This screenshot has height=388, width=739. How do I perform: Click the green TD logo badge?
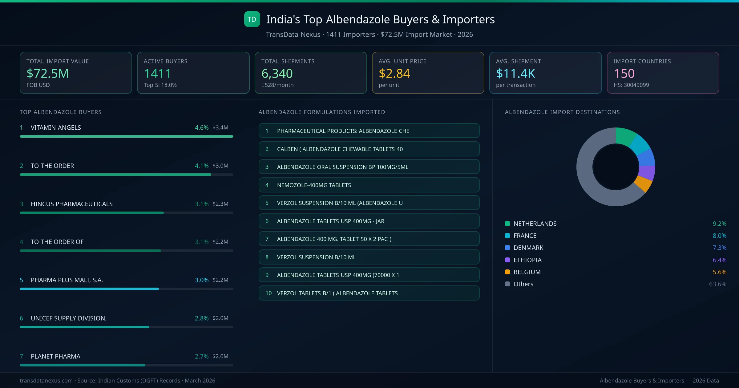pos(252,19)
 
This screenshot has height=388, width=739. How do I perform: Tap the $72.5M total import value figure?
pos(48,73)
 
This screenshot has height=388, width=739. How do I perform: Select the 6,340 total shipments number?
pos(277,73)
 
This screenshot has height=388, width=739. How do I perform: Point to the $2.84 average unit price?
pos(394,73)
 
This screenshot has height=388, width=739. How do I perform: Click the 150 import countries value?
pos(624,73)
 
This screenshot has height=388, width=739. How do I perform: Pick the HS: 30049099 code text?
pos(631,85)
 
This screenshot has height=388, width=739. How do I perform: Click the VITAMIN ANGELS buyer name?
pos(56,127)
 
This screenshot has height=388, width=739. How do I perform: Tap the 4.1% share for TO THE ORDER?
pos(201,166)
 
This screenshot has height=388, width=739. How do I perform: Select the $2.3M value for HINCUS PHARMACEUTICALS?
pos(220,204)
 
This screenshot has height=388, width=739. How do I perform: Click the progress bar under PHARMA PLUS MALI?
pos(89,289)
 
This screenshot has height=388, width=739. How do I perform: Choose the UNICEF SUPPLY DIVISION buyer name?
pos(68,318)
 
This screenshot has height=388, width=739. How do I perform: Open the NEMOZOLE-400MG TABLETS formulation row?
pos(369,185)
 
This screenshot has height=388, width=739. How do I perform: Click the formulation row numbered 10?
pos(369,293)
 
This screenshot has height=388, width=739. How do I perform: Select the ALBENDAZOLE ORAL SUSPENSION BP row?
pos(369,167)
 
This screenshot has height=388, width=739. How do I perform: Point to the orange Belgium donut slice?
pos(643,184)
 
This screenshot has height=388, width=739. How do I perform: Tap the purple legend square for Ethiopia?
pos(507,260)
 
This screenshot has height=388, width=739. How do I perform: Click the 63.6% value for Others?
pos(717,284)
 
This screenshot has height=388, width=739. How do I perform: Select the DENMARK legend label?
pos(528,248)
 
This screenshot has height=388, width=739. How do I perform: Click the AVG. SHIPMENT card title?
pos(518,61)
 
